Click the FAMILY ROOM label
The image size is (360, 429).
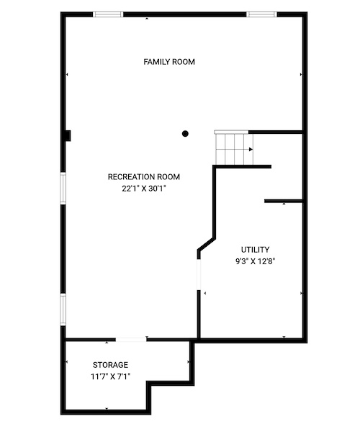coord(169,62)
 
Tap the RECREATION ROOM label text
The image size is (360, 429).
coord(144,177)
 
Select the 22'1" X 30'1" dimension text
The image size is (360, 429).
coord(144,189)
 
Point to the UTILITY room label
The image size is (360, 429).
coord(255,250)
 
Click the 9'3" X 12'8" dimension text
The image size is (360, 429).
coord(255,261)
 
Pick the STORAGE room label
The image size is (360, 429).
coord(110,365)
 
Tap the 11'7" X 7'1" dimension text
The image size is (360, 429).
coord(110,376)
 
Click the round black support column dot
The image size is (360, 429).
coord(185,134)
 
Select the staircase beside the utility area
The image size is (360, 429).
coord(234,148)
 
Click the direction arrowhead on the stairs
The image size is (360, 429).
coord(251,150)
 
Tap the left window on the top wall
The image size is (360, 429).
coord(108,14)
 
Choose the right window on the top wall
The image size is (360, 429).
coord(261,14)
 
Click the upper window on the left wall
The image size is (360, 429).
coord(63,189)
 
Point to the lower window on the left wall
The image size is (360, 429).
coord(63,310)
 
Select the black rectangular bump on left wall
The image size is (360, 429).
coord(68,136)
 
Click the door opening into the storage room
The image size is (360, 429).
coord(131,340)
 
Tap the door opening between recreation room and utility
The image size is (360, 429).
coord(199,274)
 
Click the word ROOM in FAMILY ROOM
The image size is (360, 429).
coord(184,62)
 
